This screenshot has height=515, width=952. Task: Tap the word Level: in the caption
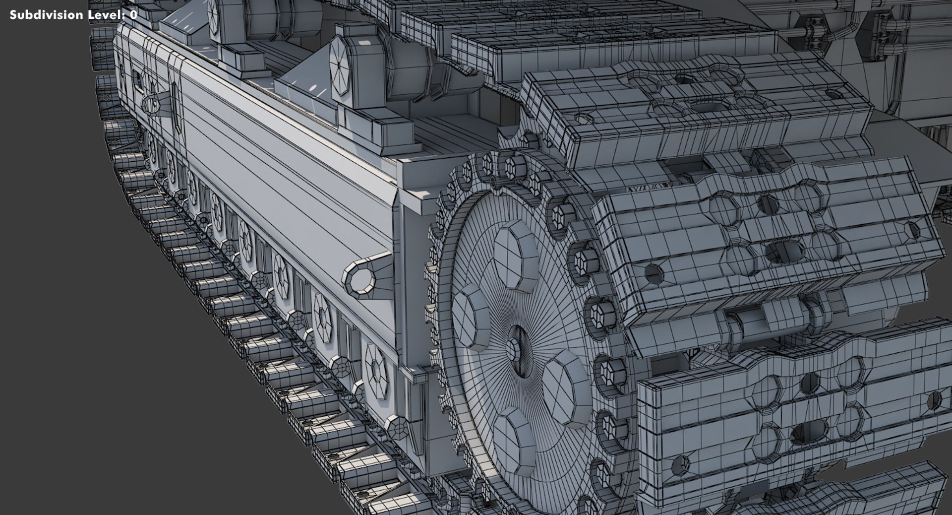106,15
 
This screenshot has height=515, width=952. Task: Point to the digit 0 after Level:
133,15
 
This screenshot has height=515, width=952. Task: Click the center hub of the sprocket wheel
518,351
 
